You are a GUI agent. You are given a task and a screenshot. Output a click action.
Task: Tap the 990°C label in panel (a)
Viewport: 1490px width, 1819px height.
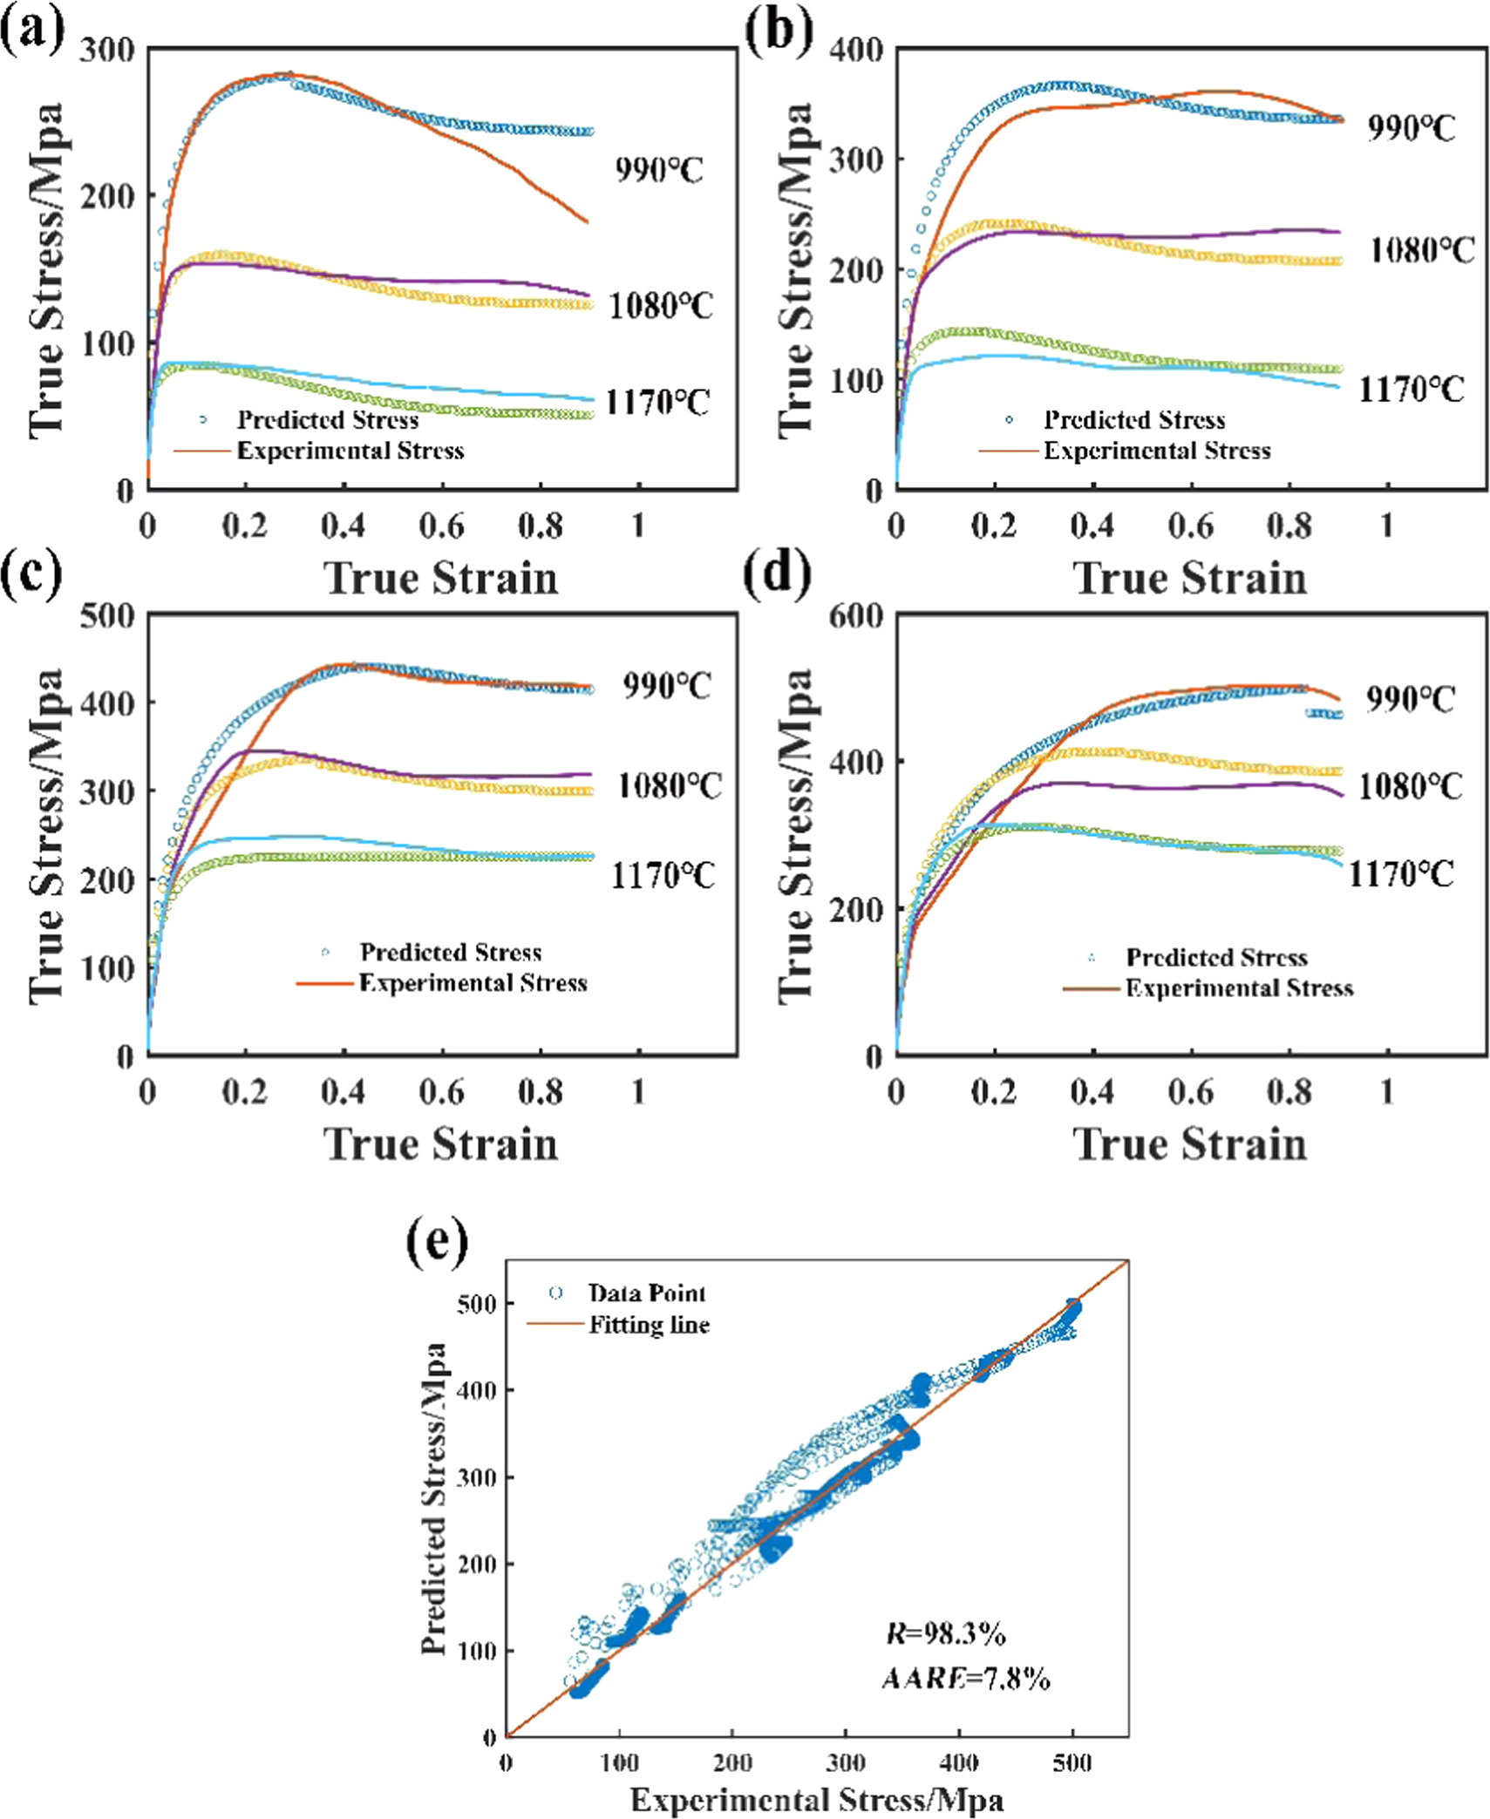(x=658, y=169)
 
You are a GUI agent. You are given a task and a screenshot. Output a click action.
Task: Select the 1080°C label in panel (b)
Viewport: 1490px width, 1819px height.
(x=1422, y=250)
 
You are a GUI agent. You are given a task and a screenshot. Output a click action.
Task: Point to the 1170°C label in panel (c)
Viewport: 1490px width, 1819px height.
(x=662, y=874)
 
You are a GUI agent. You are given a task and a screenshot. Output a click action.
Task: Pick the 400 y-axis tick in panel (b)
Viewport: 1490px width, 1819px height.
(x=855, y=50)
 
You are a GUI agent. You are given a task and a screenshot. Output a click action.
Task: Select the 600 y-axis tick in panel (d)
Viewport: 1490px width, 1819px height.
(x=855, y=616)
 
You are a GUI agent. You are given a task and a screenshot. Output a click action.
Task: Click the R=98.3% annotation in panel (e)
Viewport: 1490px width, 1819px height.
(x=946, y=1633)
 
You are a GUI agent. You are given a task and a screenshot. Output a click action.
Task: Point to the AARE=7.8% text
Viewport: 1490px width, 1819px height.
(x=966, y=1678)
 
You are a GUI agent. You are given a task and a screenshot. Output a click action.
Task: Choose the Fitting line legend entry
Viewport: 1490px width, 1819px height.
(x=649, y=1326)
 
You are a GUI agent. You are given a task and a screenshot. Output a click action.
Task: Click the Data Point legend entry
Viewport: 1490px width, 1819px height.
(x=646, y=1293)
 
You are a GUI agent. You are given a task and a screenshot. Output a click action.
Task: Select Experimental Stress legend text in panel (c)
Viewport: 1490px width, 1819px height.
(x=473, y=983)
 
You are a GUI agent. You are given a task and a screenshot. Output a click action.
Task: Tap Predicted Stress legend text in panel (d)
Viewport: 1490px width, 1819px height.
(x=1216, y=957)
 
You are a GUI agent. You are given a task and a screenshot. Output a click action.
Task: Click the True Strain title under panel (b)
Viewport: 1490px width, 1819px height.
(x=1190, y=578)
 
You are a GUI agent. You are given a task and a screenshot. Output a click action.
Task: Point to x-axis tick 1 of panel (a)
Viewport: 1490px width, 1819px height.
(x=639, y=526)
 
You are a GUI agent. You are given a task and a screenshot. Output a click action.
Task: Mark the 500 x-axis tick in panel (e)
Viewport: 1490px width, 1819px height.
(x=1072, y=1762)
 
